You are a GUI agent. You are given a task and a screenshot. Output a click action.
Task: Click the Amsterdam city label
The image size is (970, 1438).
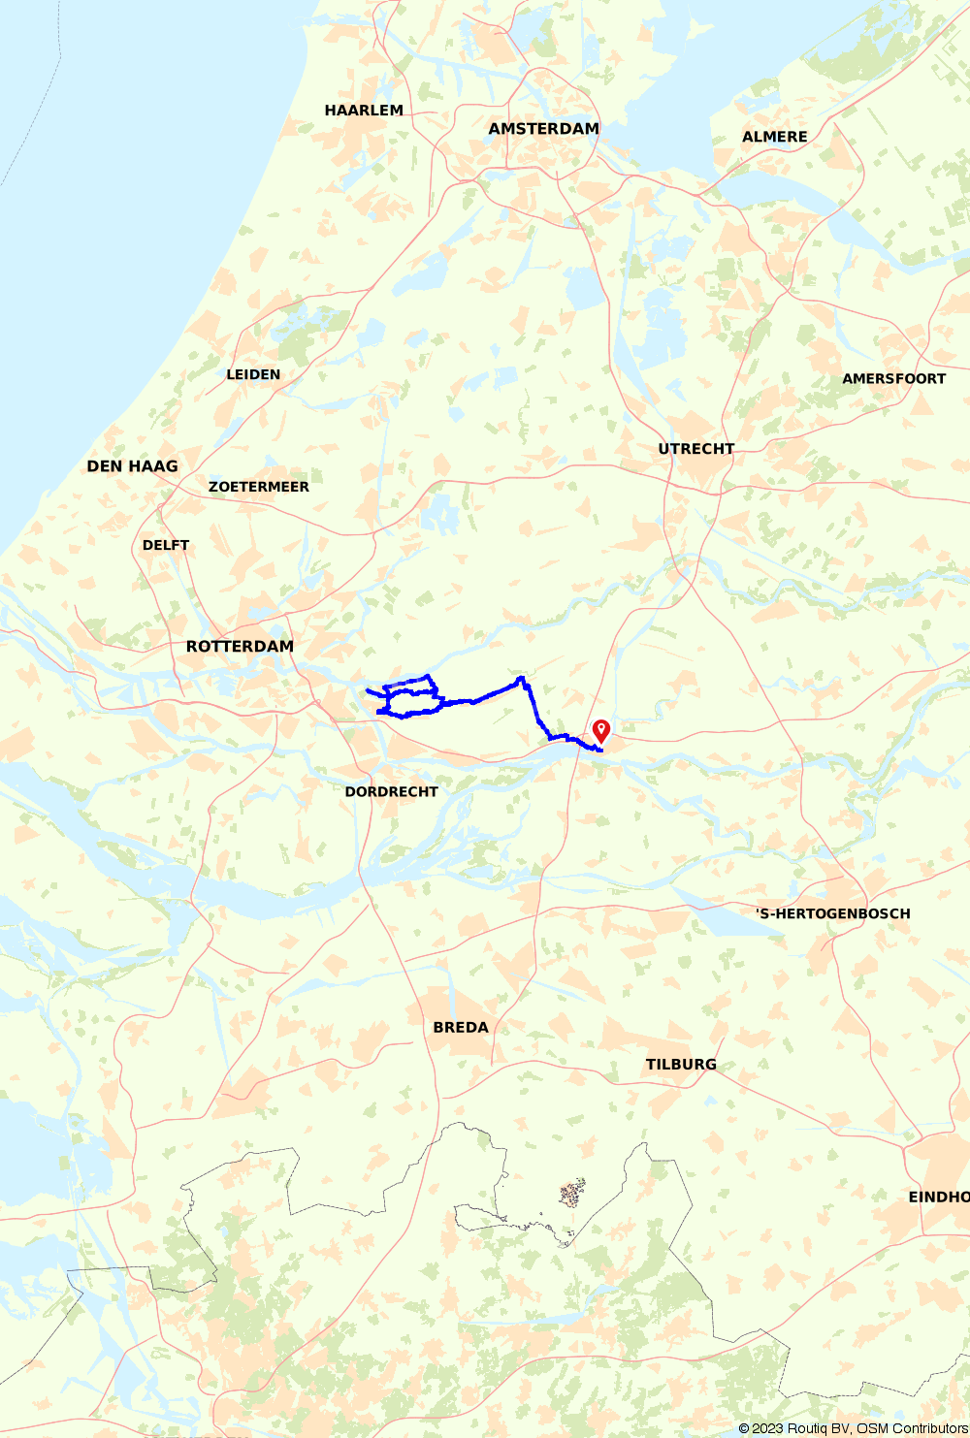pos(543,129)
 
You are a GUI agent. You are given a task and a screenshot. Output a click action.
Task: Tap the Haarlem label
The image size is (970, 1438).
pos(364,111)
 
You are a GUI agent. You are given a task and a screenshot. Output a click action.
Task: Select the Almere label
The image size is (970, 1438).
pos(774,137)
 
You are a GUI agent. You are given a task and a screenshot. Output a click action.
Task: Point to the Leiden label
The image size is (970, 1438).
pos(253,374)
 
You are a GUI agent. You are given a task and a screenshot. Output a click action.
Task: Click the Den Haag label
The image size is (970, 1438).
pos(132,466)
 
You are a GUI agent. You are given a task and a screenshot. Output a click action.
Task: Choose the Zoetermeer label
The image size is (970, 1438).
pos(259,487)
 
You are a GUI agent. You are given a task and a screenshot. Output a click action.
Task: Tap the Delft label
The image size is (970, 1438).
pos(166,545)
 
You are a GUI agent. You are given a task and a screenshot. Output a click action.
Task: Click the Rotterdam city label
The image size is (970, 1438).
pos(240,647)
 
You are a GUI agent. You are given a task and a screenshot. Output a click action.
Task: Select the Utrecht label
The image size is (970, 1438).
pos(695,449)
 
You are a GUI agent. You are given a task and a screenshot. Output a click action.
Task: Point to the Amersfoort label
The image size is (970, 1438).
pos(893,379)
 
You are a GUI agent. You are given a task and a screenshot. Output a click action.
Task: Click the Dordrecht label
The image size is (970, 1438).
pos(391,792)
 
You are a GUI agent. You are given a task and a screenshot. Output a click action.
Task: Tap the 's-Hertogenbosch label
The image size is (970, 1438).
pos(832,913)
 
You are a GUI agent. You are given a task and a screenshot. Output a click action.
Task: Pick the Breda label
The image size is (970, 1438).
pos(461,1028)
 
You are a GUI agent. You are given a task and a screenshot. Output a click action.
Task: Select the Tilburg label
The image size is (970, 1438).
pos(681,1065)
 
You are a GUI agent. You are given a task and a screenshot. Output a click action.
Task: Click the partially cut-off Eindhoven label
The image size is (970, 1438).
pos(938,1198)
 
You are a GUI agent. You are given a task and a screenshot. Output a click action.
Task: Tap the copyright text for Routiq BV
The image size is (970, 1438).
pos(853,1428)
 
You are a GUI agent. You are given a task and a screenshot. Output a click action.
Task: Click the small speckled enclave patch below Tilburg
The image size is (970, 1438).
pos(572,1192)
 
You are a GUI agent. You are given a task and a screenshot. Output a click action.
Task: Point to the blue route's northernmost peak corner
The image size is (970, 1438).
pos(523,678)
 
